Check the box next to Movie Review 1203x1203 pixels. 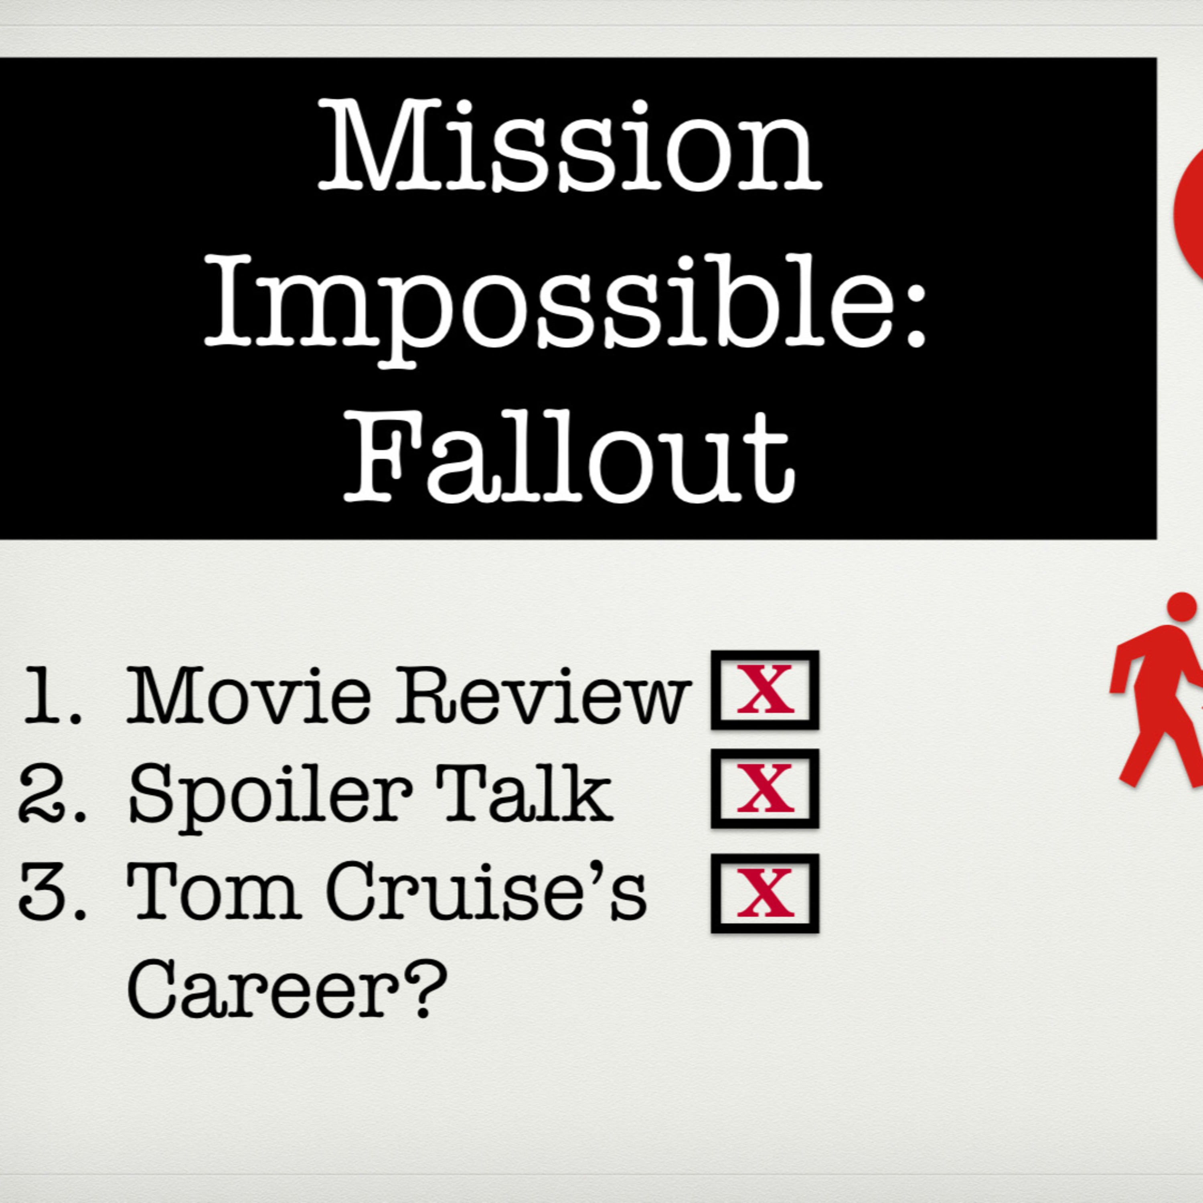tap(765, 689)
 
